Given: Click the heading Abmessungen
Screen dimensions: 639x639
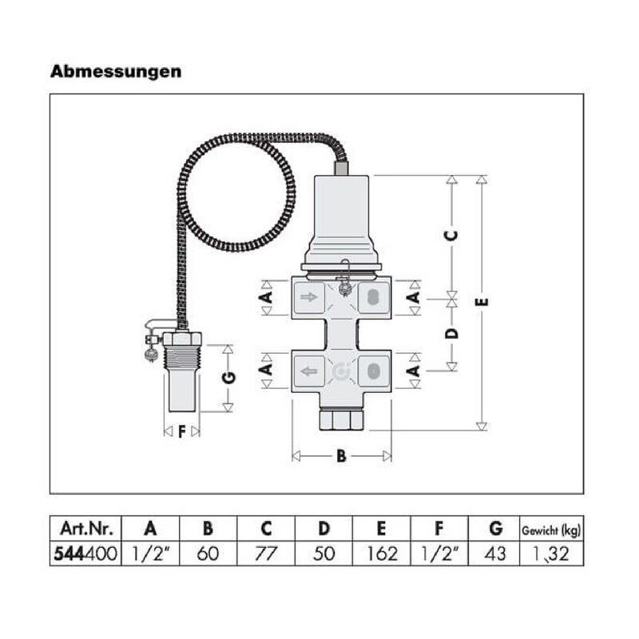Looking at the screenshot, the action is (x=116, y=72).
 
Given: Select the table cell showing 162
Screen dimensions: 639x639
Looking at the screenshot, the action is (x=382, y=554).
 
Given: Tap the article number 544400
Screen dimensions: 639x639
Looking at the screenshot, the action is (x=85, y=554).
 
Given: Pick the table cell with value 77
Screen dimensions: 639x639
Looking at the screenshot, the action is (x=266, y=554).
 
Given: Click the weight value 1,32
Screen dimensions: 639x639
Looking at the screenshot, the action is (x=551, y=554).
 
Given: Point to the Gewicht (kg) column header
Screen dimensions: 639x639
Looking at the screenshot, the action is (x=551, y=530).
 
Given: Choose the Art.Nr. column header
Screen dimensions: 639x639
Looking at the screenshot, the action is (x=86, y=529).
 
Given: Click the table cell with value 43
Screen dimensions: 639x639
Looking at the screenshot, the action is (x=495, y=554).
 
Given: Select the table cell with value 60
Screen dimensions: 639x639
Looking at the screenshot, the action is (x=208, y=554).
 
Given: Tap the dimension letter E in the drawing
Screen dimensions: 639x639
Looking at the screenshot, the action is (x=482, y=302).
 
